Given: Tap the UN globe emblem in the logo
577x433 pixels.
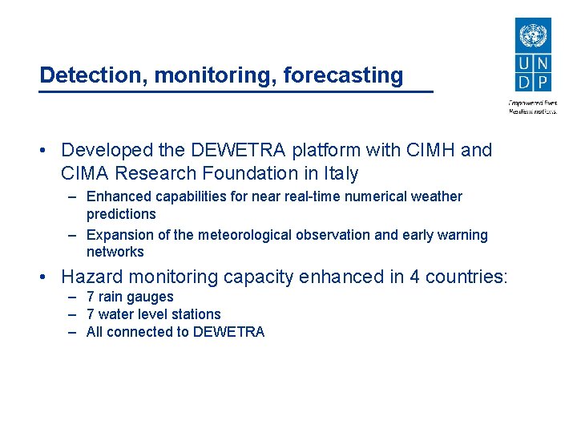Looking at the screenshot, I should [531, 36].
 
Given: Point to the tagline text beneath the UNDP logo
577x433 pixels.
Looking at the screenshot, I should [532, 107].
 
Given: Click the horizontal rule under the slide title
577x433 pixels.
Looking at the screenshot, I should [236, 92].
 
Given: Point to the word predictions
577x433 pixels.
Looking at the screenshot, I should [121, 214].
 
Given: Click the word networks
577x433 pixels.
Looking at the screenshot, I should [115, 252].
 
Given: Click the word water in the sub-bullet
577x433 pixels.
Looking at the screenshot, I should [117, 314].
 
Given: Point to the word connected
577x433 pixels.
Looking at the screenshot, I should [139, 332].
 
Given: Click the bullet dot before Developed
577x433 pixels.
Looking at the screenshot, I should [49, 151].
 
